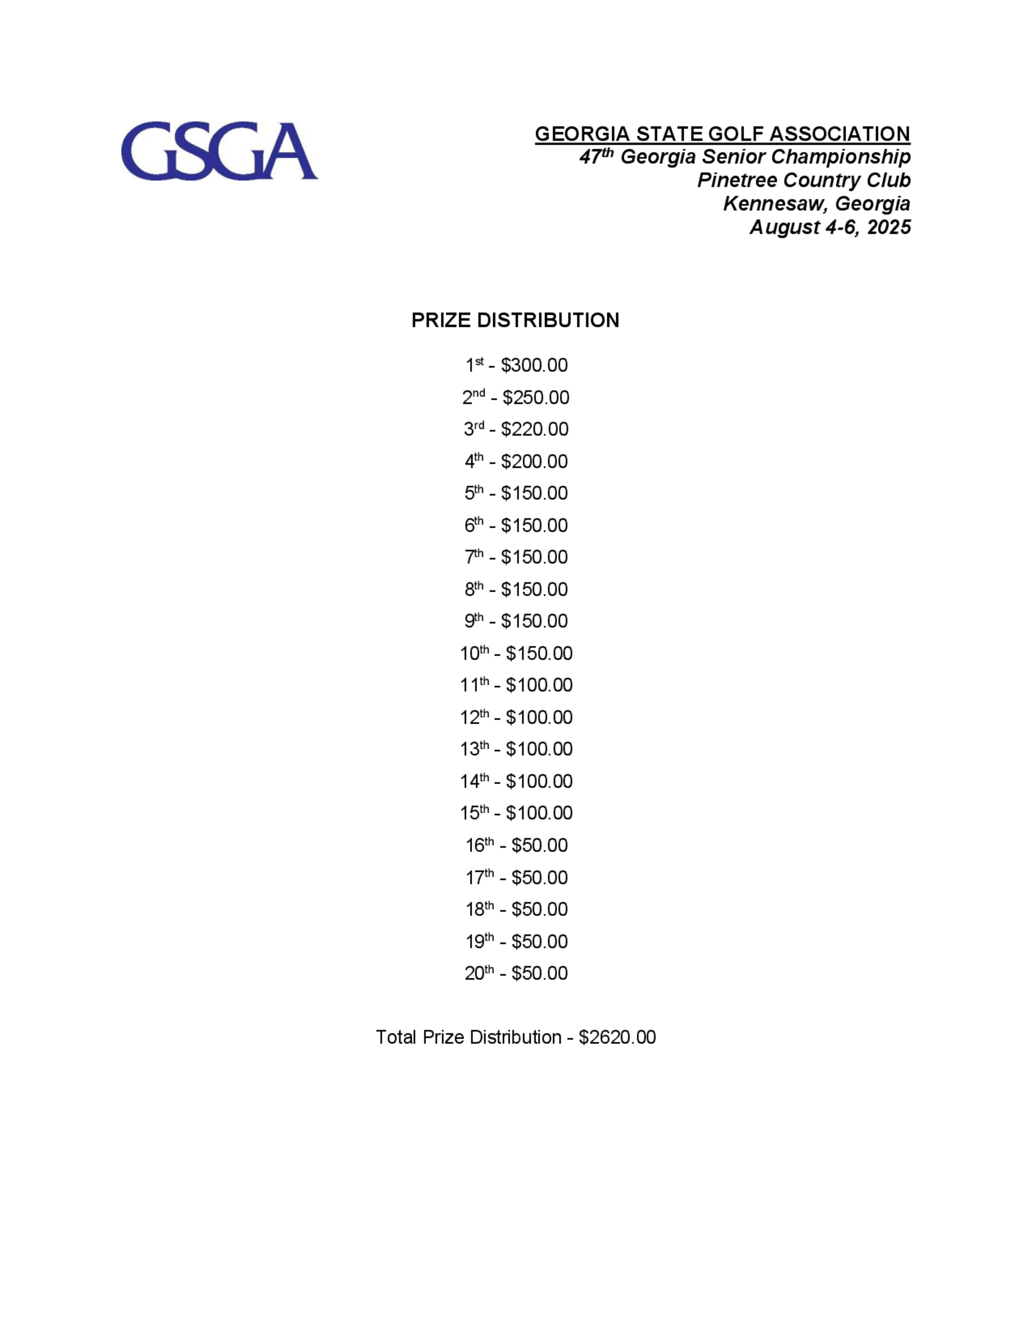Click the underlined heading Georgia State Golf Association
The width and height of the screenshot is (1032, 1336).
point(722,134)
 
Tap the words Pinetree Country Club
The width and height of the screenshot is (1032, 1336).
point(803,181)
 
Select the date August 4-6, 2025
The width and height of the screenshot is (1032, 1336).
point(830,227)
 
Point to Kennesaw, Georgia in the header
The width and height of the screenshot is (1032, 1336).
point(816,204)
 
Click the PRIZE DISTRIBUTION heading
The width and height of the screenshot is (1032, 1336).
point(515,321)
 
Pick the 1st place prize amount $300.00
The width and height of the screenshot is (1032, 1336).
point(534,365)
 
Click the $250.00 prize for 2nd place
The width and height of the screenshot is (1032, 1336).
point(536,397)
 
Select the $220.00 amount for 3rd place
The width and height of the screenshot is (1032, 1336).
point(535,430)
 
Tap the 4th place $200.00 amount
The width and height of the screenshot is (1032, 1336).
point(534,461)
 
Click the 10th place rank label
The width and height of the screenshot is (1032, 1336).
point(474,654)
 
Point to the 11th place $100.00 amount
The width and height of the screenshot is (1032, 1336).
point(539,685)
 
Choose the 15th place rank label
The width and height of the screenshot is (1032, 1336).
point(474,813)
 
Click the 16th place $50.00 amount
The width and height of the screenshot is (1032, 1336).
point(539,846)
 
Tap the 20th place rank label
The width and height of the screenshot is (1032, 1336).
point(479,973)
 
